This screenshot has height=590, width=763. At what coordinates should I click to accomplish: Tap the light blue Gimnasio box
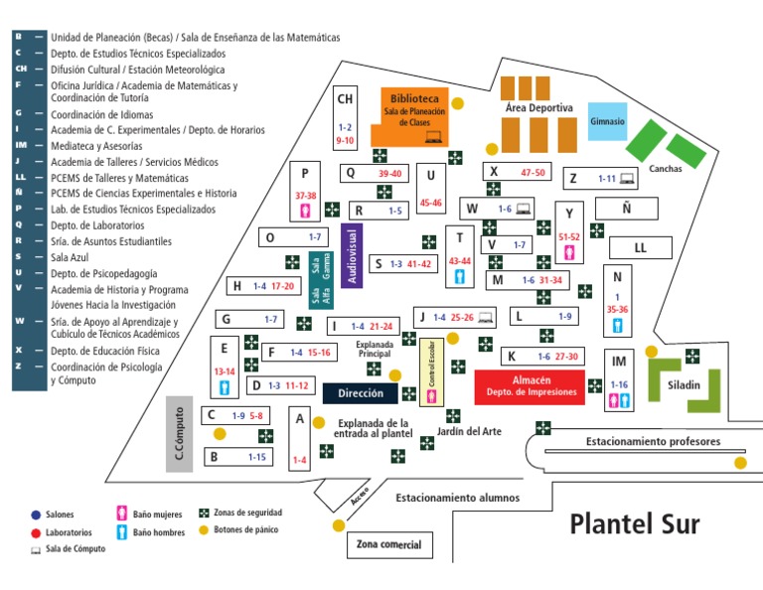point(607,121)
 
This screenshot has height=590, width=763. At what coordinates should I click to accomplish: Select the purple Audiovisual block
point(349,255)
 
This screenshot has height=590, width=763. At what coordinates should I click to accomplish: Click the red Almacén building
point(530,385)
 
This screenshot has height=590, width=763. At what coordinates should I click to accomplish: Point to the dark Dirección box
point(360,393)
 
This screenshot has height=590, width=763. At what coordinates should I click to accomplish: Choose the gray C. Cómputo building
point(179,434)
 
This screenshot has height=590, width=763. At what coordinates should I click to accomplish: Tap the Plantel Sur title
point(634,524)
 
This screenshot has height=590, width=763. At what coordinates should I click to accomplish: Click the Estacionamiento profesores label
point(652,442)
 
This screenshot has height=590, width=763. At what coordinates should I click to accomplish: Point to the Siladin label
point(685,385)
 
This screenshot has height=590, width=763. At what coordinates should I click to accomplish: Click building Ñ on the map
point(626,209)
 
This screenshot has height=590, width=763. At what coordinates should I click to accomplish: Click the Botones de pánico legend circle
point(205,530)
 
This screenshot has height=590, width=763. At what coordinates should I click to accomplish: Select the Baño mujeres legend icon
point(121,514)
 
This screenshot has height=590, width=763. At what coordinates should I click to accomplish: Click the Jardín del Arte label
point(468,431)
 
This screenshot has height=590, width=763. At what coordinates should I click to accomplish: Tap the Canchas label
point(665,168)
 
